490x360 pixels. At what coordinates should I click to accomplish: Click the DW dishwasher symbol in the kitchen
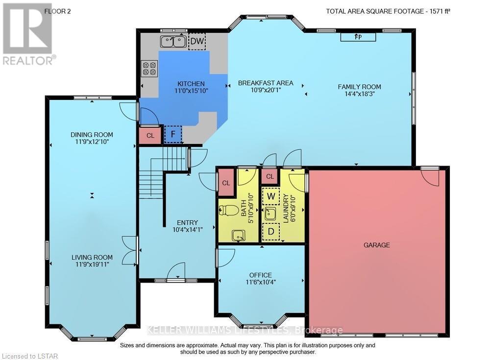(x=197, y=41)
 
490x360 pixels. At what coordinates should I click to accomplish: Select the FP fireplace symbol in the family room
(x=358, y=37)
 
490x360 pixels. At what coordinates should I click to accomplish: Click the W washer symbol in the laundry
(x=270, y=196)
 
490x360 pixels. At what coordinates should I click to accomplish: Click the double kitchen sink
(x=173, y=43)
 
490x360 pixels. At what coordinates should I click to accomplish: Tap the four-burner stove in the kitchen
(x=149, y=69)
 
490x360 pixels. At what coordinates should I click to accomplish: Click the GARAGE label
(x=377, y=245)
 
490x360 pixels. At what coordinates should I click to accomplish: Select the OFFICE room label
(x=260, y=275)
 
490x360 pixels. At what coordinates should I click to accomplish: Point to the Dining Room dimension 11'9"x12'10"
(x=92, y=142)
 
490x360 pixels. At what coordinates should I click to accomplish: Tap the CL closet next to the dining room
(x=150, y=136)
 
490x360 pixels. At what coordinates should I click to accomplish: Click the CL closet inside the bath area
(x=226, y=183)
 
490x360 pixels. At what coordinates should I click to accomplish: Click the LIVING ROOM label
(x=92, y=257)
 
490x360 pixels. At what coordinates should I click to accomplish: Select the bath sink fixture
(x=239, y=235)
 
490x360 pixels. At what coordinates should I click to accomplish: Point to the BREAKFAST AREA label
(x=266, y=83)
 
